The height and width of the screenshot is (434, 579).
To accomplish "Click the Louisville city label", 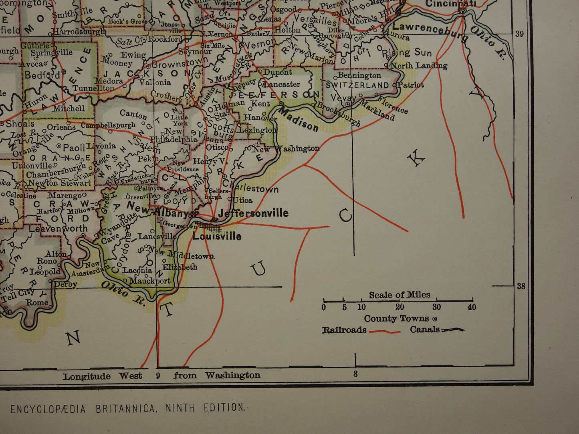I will point(217,236).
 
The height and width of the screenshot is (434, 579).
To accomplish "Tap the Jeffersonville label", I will point(253,213).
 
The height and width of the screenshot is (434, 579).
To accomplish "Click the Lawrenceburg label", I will point(430,31).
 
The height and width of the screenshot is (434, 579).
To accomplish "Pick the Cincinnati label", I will point(450,4).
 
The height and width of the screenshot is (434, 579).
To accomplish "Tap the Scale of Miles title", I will point(399,295).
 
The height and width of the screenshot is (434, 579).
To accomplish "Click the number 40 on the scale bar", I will point(472,307).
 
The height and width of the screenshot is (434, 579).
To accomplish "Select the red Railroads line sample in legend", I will point(384,331).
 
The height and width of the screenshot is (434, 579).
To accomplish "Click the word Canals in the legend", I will point(424,330).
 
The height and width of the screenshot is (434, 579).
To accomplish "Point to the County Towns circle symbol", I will point(435,319).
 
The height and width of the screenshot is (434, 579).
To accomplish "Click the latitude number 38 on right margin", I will point(520,286).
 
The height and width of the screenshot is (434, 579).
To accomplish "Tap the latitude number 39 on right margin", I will point(519,34).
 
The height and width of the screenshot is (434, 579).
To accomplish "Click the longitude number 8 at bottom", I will point(355,375).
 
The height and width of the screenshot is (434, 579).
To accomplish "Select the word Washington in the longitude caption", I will point(232,376).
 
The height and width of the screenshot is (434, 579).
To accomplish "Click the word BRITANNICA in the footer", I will point(125,408).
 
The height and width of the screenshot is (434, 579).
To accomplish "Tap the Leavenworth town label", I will point(58,229).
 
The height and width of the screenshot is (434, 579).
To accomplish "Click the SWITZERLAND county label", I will point(357,85).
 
